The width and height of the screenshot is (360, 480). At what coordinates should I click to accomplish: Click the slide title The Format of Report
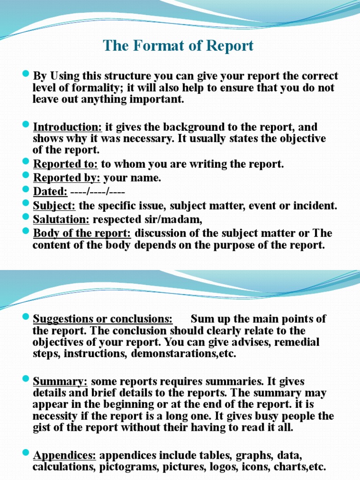[x=178, y=46]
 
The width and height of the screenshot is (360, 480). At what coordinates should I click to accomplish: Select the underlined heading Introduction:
[x=67, y=127]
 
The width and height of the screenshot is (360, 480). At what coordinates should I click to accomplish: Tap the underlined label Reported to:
[x=66, y=164]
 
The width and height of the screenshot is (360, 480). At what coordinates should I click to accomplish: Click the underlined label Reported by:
[x=67, y=178]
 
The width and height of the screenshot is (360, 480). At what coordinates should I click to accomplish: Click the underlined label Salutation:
[x=61, y=219]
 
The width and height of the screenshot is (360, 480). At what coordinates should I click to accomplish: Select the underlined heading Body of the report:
[x=83, y=233]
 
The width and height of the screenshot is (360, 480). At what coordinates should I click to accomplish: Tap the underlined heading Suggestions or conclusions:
[x=103, y=319]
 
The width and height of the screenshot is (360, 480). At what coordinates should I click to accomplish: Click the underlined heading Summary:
[x=60, y=382]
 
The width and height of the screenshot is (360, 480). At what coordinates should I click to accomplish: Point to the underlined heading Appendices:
[x=65, y=455]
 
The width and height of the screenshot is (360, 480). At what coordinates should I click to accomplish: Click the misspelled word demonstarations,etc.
[x=184, y=353]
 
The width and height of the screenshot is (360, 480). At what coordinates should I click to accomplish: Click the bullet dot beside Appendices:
[x=26, y=454]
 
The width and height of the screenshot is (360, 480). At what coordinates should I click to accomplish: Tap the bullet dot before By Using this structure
[x=26, y=75]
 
